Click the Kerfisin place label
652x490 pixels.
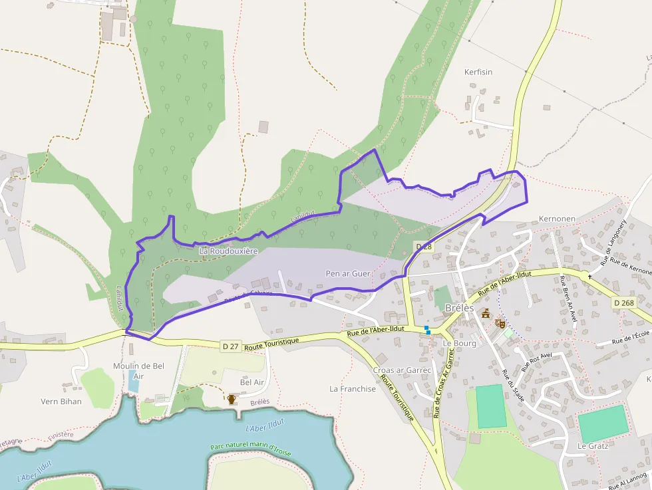(478, 72)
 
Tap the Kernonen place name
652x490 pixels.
(557, 219)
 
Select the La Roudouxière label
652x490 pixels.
(228, 251)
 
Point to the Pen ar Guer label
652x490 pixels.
(348, 273)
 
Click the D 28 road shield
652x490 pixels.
(424, 247)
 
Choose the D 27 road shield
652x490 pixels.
(230, 345)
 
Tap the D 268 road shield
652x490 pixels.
(624, 303)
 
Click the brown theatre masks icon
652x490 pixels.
(500, 323)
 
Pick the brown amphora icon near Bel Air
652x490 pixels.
(232, 399)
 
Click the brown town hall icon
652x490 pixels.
(486, 313)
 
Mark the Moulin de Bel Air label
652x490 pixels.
(138, 371)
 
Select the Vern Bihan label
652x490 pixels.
(61, 402)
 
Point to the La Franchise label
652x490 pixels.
(353, 389)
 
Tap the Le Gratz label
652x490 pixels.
(593, 446)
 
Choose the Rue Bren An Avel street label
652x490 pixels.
(568, 303)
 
